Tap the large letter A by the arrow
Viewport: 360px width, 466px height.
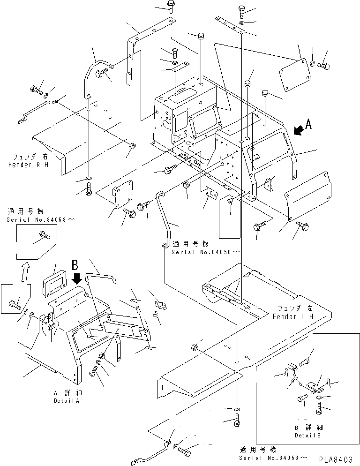click(x=308, y=124)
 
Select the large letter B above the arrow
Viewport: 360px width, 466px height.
click(x=75, y=264)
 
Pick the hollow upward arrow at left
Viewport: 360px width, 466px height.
click(x=25, y=271)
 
